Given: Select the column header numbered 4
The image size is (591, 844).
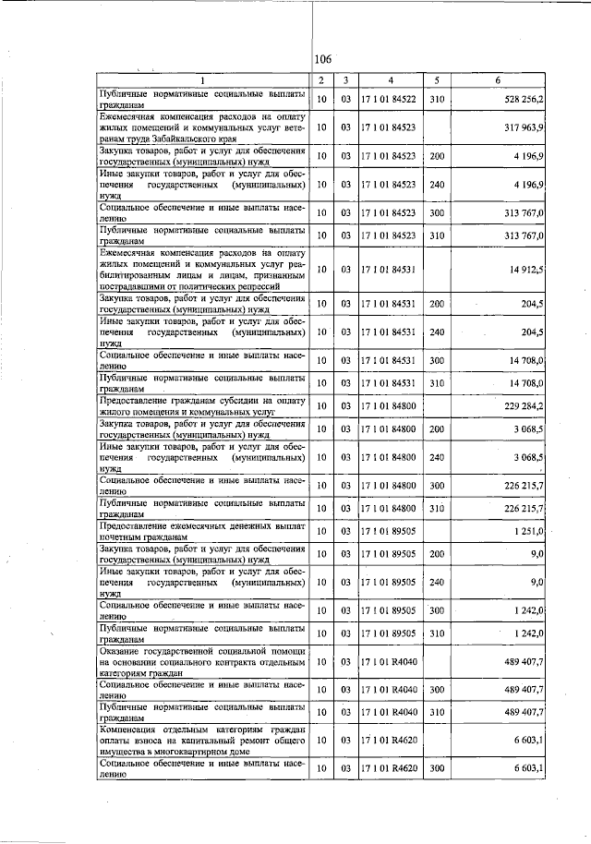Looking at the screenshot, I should coord(391,80).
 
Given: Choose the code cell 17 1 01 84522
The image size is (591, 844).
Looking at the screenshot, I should coord(391,100).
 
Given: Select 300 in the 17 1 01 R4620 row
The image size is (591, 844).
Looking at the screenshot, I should coord(437,769).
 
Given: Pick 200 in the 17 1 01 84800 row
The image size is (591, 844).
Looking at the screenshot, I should coord(437,429).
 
